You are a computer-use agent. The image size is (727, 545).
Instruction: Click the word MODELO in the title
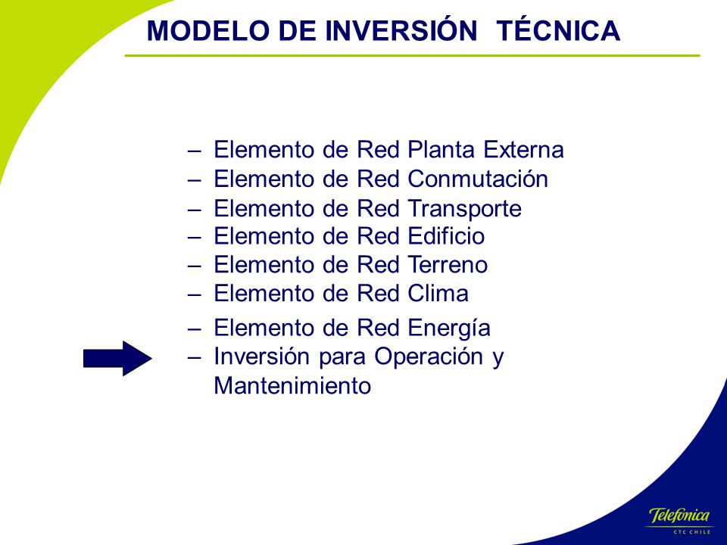coord(208,31)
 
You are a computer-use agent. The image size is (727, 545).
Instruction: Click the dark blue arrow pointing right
coord(118,358)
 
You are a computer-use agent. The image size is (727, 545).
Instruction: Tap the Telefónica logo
coord(679,515)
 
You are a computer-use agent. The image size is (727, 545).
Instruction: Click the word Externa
coord(523,150)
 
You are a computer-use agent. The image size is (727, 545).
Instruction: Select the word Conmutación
coord(478,179)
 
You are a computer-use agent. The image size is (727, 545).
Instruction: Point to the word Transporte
coord(465,209)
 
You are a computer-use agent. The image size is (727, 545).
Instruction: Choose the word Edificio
coord(447,236)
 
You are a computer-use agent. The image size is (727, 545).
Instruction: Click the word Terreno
coord(448,265)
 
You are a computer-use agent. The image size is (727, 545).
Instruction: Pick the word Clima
coord(438,294)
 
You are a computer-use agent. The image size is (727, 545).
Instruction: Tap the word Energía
coord(449,328)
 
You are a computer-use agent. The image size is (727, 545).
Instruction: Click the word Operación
coord(429,357)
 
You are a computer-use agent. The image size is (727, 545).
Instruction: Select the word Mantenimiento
coord(292,385)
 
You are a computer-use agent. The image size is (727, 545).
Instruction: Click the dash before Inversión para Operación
coord(195,357)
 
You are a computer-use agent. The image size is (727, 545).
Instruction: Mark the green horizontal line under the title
coord(412,55)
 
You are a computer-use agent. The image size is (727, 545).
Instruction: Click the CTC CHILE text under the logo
coord(691,532)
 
